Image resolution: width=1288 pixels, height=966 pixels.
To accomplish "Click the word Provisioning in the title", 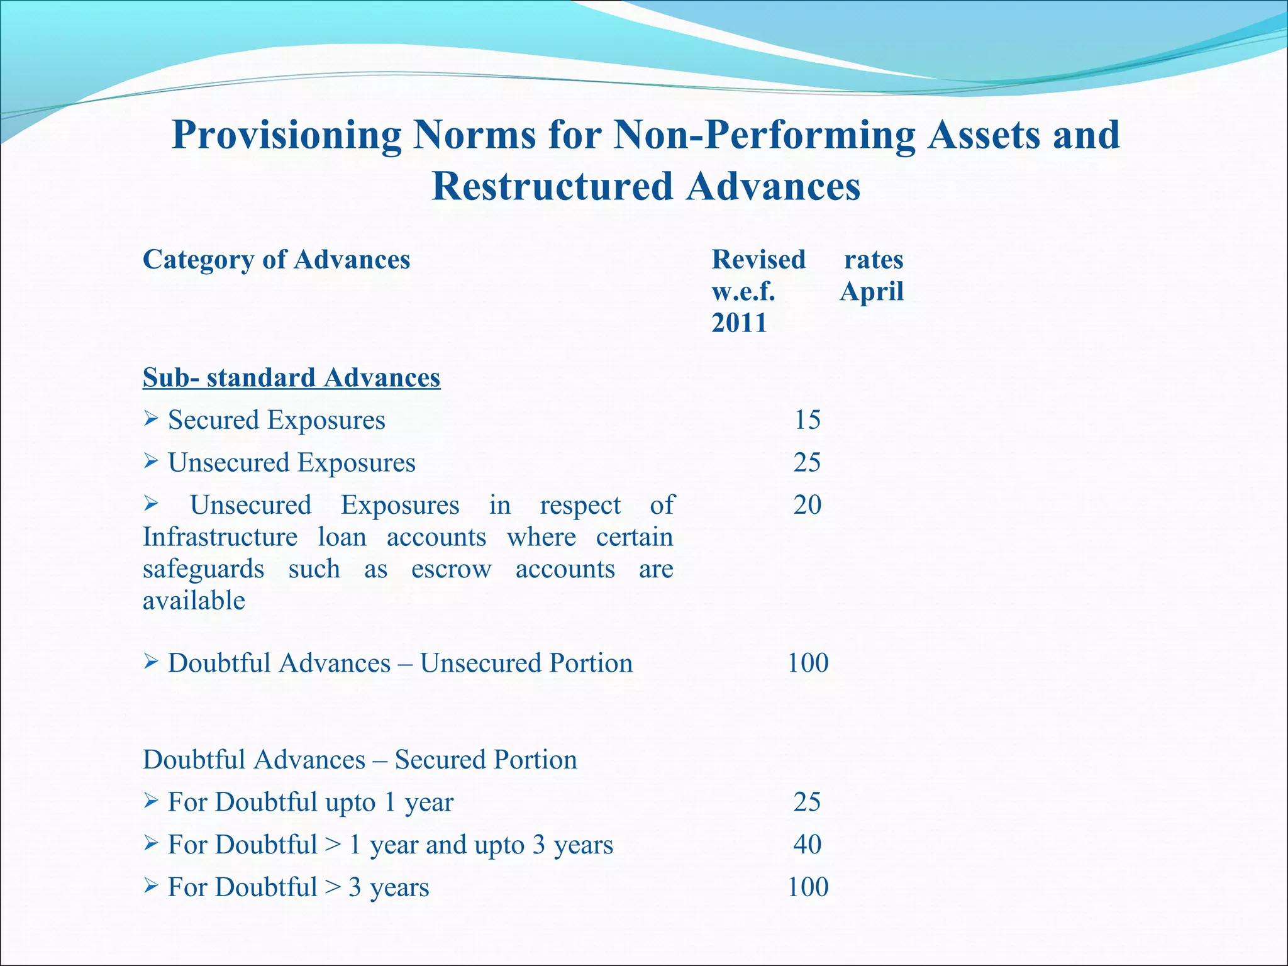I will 287,135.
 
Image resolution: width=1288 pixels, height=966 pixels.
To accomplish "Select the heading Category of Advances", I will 276,260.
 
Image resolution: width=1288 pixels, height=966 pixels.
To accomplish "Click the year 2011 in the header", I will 739,323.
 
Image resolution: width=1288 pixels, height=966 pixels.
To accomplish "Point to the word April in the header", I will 872,291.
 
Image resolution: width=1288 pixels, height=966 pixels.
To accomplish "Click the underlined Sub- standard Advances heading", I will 291,377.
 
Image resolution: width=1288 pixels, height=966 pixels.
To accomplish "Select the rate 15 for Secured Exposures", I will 808,419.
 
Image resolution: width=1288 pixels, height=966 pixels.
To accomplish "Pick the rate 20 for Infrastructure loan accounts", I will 808,504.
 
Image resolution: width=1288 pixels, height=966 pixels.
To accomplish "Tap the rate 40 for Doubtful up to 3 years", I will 808,844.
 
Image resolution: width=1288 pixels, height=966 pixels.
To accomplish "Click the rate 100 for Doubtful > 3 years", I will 808,887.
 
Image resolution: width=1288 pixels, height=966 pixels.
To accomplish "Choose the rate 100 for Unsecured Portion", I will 808,663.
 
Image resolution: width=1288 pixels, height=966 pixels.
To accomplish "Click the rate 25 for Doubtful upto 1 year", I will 808,802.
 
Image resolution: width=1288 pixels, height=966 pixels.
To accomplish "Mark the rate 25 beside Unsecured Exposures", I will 808,462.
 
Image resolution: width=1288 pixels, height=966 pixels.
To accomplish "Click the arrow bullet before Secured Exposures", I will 150,418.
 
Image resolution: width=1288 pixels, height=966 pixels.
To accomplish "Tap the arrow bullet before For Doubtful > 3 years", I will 150,886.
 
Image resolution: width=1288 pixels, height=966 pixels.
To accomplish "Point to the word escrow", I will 452,569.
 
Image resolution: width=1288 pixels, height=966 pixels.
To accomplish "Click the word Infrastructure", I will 220,537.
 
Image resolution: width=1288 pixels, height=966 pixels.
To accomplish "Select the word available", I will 194,601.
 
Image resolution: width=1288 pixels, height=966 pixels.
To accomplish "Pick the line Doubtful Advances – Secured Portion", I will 360,760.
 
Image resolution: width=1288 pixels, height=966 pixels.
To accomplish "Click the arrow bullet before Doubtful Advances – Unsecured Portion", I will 150,662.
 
